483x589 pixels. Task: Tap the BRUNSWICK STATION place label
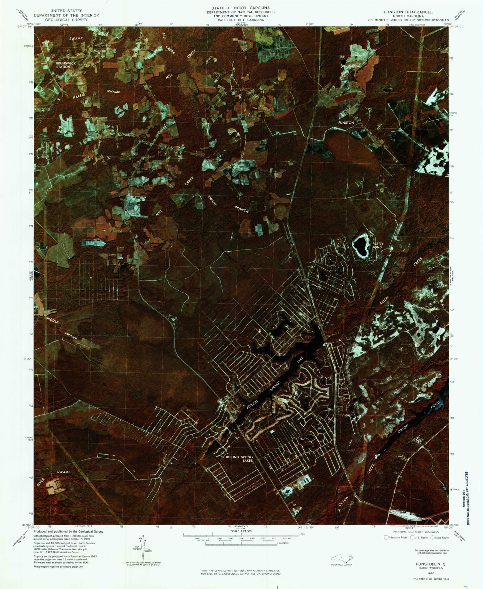pyautogui.click(x=66, y=65)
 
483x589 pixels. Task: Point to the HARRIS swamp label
pyautogui.click(x=79, y=96)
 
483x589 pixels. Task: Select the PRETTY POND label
pyautogui.click(x=378, y=245)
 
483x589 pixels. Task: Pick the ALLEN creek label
pyautogui.click(x=384, y=300)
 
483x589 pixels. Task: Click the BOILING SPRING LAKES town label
pyautogui.click(x=239, y=459)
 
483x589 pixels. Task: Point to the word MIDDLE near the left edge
pyautogui.click(x=52, y=320)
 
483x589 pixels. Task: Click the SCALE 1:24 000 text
pyautogui.click(x=239, y=531)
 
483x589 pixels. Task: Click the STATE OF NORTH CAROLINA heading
pyautogui.click(x=240, y=8)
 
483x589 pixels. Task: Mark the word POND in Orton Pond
pyautogui.click(x=435, y=406)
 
